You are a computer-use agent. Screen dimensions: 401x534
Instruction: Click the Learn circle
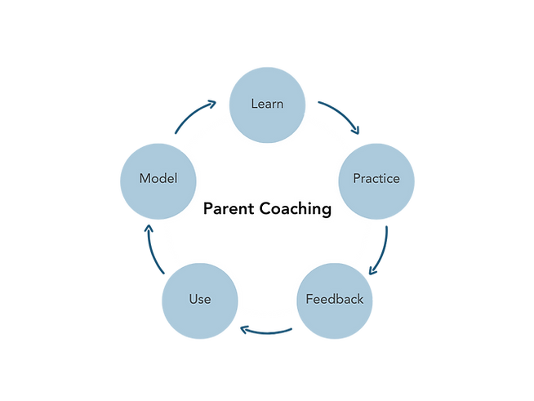coord(267,104)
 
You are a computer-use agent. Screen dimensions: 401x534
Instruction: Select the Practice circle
coord(376,178)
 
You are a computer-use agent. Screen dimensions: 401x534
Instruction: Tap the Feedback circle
coord(334,299)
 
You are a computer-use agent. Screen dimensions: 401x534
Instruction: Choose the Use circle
coord(200,299)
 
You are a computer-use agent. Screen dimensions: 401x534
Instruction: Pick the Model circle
coord(158,178)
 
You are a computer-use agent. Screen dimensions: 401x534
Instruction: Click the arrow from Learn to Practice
coord(338,114)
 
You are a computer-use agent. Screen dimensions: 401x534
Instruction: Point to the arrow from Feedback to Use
coord(266,331)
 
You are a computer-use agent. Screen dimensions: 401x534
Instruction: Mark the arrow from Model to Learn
coord(194,114)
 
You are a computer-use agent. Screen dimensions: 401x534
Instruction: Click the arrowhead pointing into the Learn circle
coord(214,102)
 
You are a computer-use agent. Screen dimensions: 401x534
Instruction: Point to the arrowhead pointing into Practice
coord(356,128)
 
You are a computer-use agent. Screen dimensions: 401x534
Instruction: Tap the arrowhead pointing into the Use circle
coord(243,330)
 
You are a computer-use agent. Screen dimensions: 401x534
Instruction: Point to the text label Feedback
coord(334,299)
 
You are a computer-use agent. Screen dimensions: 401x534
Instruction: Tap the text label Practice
coord(376,178)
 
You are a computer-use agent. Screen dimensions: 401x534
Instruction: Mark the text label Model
coord(158,178)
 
